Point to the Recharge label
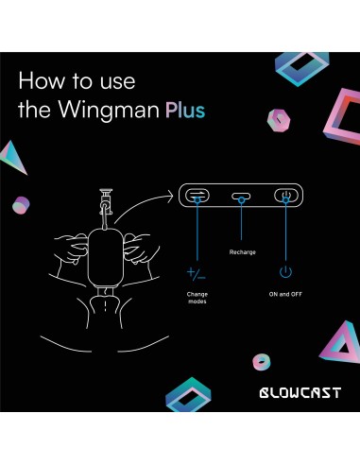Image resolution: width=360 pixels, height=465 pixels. click(x=243, y=252)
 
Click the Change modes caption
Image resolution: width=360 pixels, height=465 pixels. click(x=197, y=298)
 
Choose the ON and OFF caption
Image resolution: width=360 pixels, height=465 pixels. click(x=284, y=294)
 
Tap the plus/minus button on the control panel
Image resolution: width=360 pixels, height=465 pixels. click(x=199, y=197)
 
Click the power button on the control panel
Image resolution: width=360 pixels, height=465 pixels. click(x=284, y=197)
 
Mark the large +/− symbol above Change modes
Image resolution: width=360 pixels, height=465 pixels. click(x=197, y=274)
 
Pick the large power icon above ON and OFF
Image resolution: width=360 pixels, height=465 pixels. click(x=284, y=273)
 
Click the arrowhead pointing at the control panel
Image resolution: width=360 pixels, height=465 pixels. click(x=173, y=198)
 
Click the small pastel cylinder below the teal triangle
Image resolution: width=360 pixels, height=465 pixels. click(x=20, y=204)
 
